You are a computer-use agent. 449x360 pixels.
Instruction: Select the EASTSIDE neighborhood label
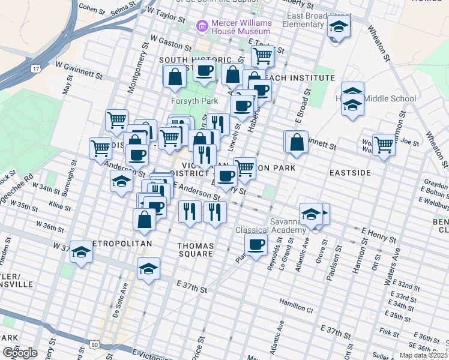tap(349, 172)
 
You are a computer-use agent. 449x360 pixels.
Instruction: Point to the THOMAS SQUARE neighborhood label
tap(195, 250)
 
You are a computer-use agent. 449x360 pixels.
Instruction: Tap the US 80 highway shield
tap(95, 344)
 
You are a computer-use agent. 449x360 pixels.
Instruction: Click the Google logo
tap(20, 353)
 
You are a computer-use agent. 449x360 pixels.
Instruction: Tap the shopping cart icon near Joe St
tap(383, 145)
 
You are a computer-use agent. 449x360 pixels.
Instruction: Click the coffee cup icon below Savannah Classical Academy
tap(256, 245)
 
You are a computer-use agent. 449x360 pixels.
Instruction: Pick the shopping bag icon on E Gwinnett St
tap(297, 143)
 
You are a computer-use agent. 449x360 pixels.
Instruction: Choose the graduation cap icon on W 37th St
tap(80, 253)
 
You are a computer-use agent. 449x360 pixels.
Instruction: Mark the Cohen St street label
tap(92, 8)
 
